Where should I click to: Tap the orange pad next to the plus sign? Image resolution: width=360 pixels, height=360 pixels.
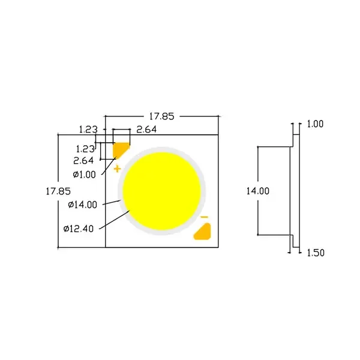point(122,149)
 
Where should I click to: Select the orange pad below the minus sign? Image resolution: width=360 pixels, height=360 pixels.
point(203,232)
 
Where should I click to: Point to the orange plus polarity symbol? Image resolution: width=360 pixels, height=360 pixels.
point(117,168)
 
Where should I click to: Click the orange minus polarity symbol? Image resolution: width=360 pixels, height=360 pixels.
point(203,217)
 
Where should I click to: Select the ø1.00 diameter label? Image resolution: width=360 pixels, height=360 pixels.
point(84,174)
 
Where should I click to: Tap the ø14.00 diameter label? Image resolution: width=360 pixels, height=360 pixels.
point(82,205)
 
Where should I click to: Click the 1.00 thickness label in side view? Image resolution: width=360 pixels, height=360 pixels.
point(315,124)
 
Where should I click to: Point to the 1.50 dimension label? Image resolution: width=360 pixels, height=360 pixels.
point(315,253)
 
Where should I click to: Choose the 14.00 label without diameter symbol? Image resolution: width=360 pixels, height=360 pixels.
point(257,191)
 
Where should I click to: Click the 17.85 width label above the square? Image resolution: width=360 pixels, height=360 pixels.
point(161,116)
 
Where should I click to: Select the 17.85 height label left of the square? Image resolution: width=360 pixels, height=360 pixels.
point(58,191)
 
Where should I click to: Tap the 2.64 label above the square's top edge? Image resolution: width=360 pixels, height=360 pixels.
point(147,129)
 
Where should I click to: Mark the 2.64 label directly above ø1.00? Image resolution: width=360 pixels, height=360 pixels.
point(83,161)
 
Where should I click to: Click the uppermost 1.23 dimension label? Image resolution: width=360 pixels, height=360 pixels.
point(88,129)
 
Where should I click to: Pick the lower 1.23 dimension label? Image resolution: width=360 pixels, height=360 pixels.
point(85,148)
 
